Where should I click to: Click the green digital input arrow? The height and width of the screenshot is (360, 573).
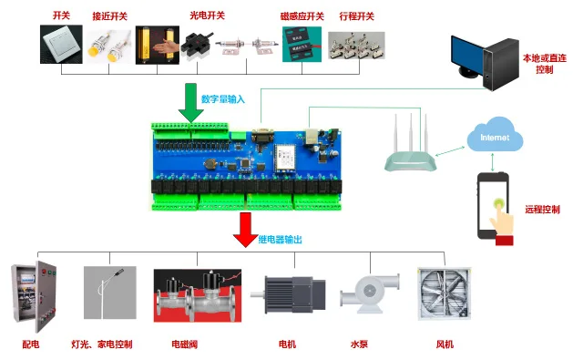pyautogui.click(x=190, y=103)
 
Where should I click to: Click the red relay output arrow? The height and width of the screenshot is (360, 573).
pyautogui.click(x=246, y=230)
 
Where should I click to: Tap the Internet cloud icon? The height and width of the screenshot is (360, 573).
pyautogui.click(x=495, y=135)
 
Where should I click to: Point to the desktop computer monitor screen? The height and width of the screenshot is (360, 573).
pyautogui.click(x=466, y=55)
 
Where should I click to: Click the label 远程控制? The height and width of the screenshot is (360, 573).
pyautogui.click(x=542, y=210)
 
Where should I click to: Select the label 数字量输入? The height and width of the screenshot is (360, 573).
pyautogui.click(x=223, y=99)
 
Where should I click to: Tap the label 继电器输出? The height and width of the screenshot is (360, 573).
pyautogui.click(x=281, y=240)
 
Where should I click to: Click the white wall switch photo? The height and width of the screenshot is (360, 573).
pyautogui.click(x=61, y=45)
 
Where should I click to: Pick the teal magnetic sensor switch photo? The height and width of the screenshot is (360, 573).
pyautogui.click(x=302, y=45)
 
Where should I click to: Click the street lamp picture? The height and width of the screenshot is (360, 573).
pyautogui.click(x=110, y=293)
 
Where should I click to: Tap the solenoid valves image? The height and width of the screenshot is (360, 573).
pyautogui.click(x=198, y=295)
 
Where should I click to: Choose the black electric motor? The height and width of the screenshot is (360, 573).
pyautogui.click(x=289, y=294)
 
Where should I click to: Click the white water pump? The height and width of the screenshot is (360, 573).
pyautogui.click(x=370, y=293)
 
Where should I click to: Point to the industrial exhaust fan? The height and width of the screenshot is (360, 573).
pyautogui.click(x=445, y=293)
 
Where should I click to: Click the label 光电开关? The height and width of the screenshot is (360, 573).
pyautogui.click(x=207, y=15)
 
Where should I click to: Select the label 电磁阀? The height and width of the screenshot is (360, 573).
pyautogui.click(x=185, y=345)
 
